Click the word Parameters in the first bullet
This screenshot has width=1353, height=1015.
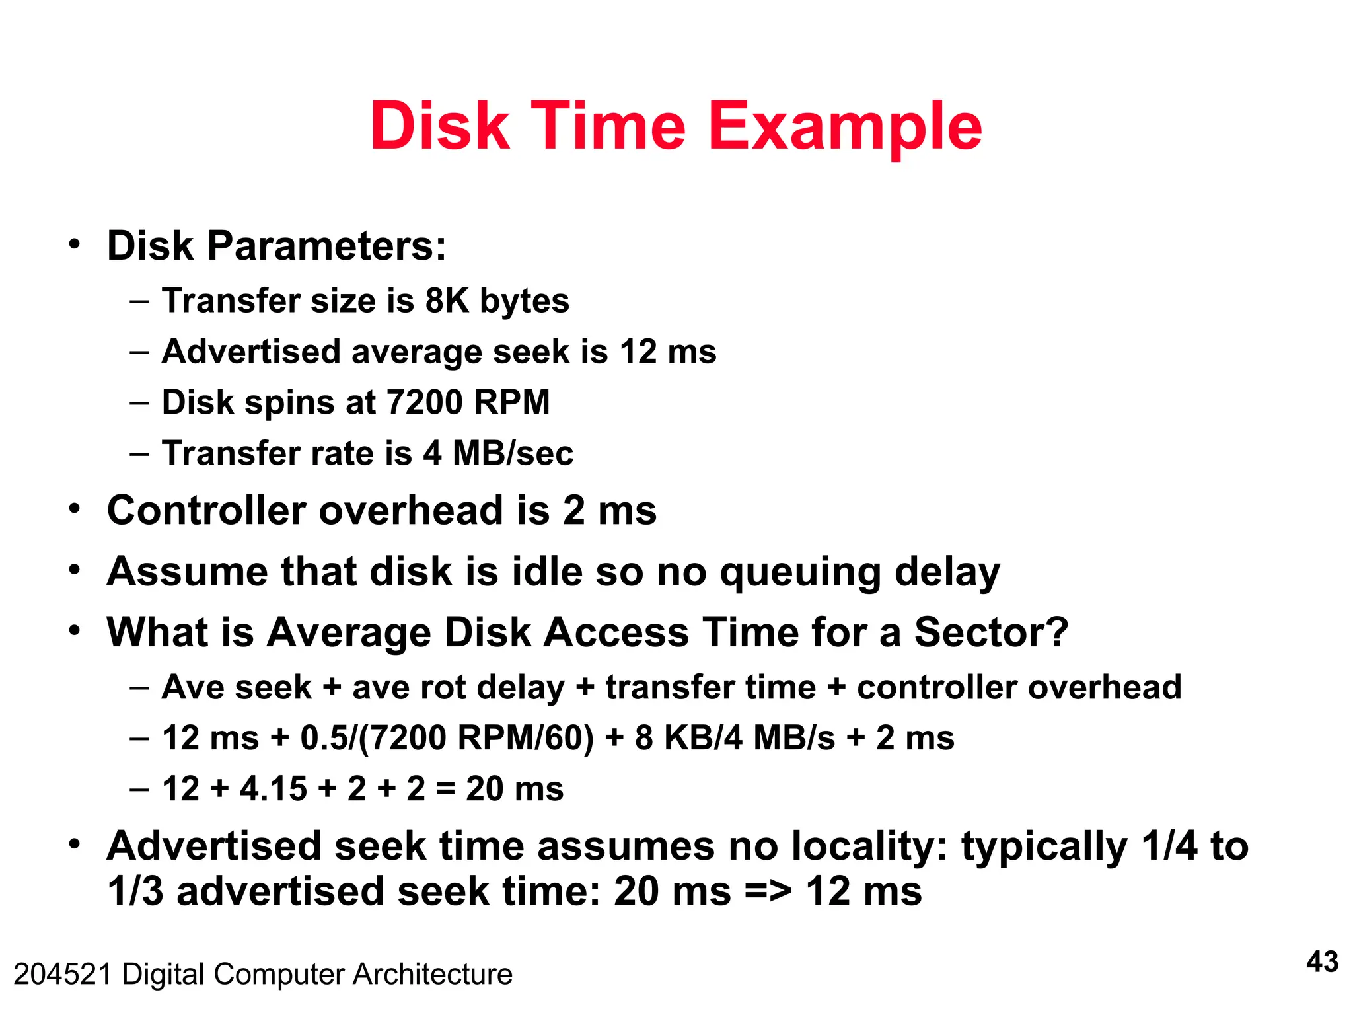(326, 246)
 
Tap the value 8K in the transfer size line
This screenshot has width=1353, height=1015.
(447, 301)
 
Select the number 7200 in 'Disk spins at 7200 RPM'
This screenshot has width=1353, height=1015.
(423, 402)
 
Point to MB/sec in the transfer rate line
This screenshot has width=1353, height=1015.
(513, 453)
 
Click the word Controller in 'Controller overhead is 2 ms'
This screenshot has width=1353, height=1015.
(206, 511)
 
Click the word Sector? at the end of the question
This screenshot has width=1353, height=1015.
(990, 632)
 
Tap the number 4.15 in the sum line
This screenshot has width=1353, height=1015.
(273, 789)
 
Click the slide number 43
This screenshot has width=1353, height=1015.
(1322, 962)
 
